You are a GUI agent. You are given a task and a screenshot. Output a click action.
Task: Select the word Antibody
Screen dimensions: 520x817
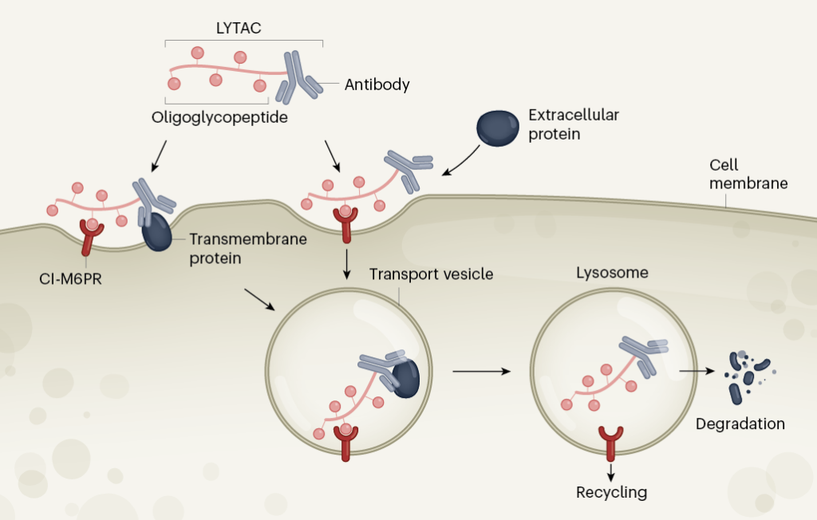click(377, 85)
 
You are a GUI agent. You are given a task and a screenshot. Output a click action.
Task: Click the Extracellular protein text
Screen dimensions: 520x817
click(574, 124)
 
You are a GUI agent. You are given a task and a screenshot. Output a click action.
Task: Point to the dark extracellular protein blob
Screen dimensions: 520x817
click(496, 128)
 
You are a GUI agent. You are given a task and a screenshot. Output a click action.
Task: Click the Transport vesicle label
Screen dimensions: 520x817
click(431, 274)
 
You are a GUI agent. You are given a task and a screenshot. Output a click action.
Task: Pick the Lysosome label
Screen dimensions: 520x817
click(612, 274)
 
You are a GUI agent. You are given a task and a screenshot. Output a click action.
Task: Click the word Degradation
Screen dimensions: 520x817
click(740, 423)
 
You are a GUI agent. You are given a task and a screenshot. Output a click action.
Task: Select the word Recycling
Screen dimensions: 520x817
click(611, 492)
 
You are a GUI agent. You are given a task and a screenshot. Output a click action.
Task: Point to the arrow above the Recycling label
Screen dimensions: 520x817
click(611, 469)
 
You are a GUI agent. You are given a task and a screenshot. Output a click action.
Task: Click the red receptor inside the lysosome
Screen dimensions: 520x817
click(612, 442)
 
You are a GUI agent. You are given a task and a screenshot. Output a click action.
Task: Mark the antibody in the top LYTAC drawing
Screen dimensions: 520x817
click(296, 77)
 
